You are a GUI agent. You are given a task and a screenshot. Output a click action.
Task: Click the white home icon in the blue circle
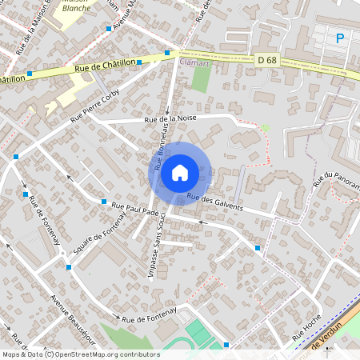pos(180,171)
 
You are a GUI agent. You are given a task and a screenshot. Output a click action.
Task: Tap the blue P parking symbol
pos(340,38)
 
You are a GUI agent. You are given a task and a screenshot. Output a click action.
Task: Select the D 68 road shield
pos(266,60)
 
